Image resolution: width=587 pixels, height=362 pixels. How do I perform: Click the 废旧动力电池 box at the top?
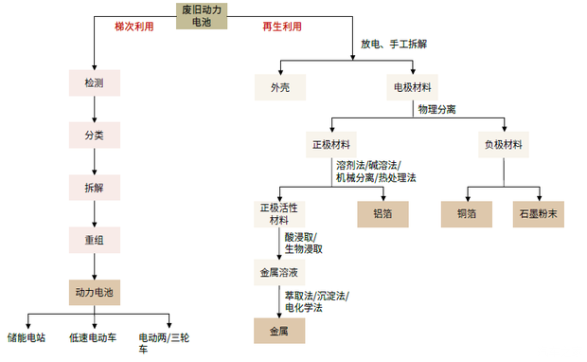coord(202,15)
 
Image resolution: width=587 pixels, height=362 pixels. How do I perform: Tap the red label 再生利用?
coord(282,27)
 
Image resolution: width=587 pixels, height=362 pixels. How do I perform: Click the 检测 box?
coord(96,83)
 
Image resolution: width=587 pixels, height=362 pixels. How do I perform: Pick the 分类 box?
coord(96,135)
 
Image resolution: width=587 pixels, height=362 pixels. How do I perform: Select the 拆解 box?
coord(96,187)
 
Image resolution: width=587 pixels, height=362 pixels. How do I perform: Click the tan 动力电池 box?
coord(96,291)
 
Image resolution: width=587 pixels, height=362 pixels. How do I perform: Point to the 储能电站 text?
coord(27,336)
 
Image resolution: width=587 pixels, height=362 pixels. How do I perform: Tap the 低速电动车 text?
coord(91,336)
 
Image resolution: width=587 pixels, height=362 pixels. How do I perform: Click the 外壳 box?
coord(280,87)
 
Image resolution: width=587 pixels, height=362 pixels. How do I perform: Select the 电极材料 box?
coord(413,87)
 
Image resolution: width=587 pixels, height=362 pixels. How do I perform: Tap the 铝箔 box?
coord(382,214)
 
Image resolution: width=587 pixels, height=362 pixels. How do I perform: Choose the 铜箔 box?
coord(468,214)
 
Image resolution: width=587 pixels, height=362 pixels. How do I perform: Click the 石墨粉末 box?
coord(538,214)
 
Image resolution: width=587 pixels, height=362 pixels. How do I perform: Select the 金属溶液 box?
coord(278,272)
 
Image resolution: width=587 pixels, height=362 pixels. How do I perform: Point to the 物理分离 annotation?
coord(437,109)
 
